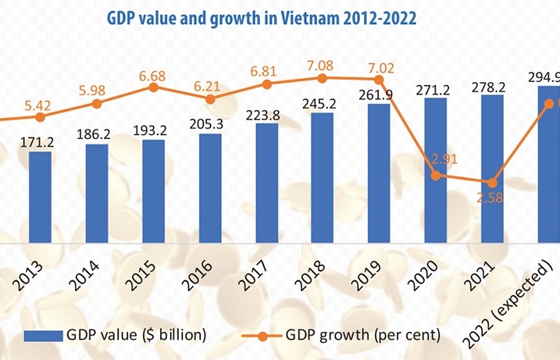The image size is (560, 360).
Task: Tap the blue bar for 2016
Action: (210, 187)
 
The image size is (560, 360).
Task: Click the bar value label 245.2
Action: (323, 103)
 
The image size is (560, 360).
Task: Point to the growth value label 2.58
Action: (492, 197)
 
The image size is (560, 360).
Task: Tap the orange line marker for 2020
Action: (436, 175)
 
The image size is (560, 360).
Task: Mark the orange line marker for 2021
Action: (492, 181)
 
